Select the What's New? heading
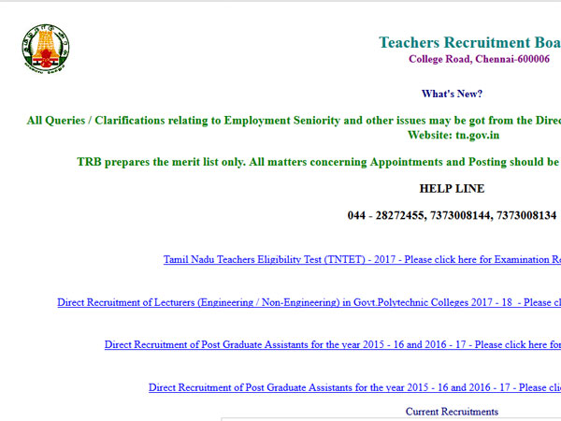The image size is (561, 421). coord(452,94)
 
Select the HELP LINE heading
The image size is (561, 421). coord(452,189)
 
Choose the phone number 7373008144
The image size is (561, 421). coord(464,216)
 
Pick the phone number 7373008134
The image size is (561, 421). coord(526,216)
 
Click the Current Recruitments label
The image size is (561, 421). coord(452,412)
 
